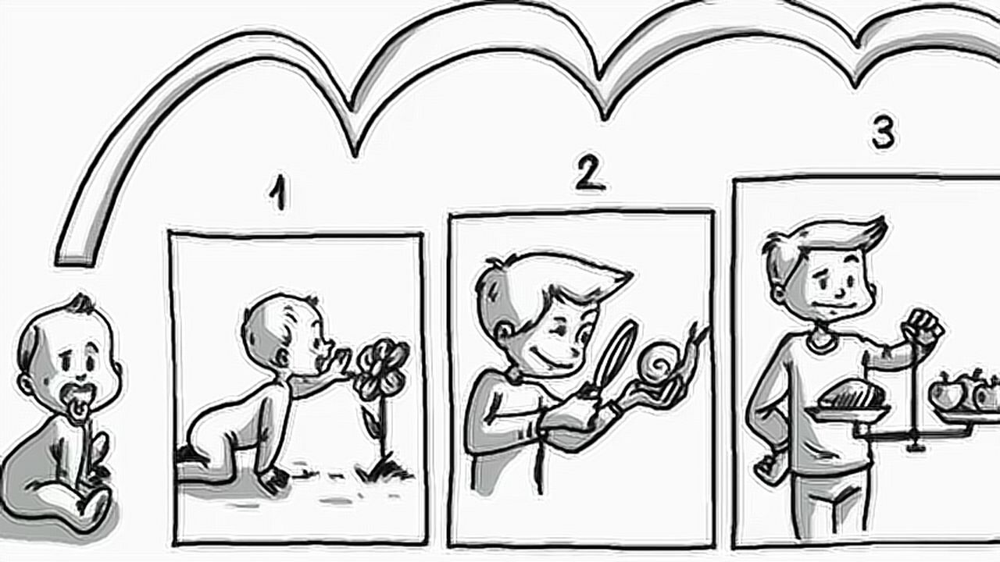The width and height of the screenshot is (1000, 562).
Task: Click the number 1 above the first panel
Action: pyautogui.click(x=279, y=192)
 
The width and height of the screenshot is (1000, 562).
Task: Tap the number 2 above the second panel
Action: pyautogui.click(x=590, y=175)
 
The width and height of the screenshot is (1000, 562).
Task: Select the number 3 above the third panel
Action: pyautogui.click(x=883, y=133)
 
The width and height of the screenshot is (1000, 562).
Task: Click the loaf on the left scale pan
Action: pyautogui.click(x=852, y=394)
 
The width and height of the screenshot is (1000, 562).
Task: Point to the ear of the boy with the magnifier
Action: pyautogui.click(x=504, y=333)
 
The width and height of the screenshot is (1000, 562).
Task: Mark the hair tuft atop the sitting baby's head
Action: pyautogui.click(x=82, y=304)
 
